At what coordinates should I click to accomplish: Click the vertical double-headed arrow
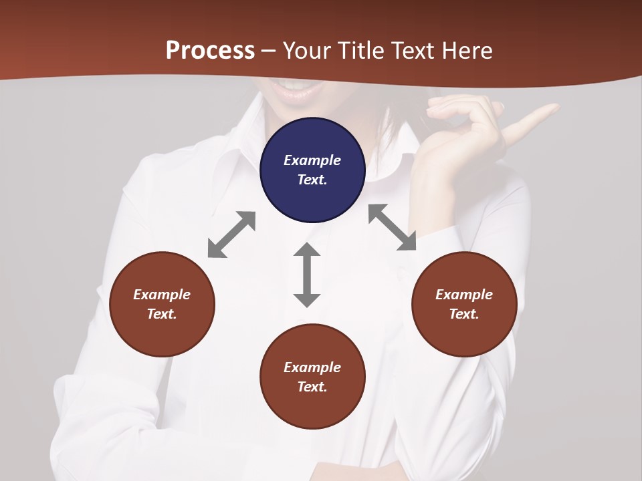click(307, 275)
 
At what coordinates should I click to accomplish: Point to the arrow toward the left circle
click(231, 234)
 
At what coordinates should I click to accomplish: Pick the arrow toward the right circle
click(393, 228)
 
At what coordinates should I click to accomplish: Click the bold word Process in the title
click(210, 50)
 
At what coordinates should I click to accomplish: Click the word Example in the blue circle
click(312, 160)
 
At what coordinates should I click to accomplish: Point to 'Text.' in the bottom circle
click(312, 387)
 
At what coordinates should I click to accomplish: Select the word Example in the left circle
click(162, 295)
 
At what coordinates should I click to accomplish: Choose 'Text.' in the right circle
click(464, 314)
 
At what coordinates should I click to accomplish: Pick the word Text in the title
click(411, 50)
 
